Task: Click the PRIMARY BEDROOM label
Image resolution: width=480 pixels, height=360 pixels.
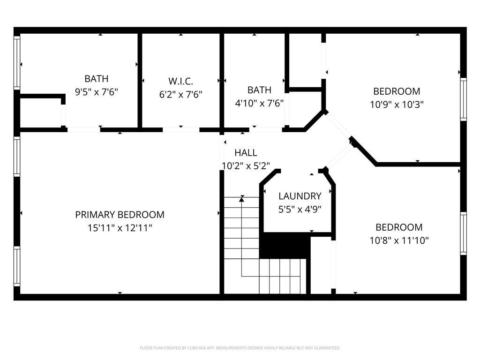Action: click(x=120, y=215)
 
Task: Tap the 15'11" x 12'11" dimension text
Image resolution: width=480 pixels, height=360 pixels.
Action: click(x=120, y=228)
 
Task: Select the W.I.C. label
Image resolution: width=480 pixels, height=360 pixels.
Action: click(x=180, y=81)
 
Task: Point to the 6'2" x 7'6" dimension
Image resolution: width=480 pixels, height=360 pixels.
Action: click(x=180, y=94)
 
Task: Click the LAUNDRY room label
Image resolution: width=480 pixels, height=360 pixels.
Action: click(x=300, y=196)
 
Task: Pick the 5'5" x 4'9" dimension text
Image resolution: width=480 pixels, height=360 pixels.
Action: click(x=300, y=210)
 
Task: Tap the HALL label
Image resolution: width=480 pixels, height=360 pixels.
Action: click(x=246, y=152)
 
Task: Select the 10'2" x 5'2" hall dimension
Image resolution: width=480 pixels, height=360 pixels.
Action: click(x=246, y=165)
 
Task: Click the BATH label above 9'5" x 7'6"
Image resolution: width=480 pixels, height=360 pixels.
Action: click(x=96, y=79)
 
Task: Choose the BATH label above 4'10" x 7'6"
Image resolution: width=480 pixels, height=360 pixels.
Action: click(x=259, y=90)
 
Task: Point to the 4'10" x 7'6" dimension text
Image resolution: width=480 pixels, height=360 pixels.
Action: click(x=259, y=103)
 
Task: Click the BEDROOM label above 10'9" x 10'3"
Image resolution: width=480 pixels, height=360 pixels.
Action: click(x=397, y=91)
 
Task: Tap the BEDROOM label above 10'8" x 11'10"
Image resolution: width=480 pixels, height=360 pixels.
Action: click(x=399, y=227)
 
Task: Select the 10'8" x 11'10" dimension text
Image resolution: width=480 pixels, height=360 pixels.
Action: click(x=399, y=240)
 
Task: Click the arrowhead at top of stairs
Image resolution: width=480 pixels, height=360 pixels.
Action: click(x=242, y=199)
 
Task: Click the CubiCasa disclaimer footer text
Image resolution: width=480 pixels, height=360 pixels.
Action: click(x=240, y=348)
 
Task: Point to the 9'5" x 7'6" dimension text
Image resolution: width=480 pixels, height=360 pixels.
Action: click(x=96, y=92)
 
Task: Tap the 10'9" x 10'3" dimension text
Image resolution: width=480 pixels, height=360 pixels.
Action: click(x=397, y=104)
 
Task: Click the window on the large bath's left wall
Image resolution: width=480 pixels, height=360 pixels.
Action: click(x=17, y=62)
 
